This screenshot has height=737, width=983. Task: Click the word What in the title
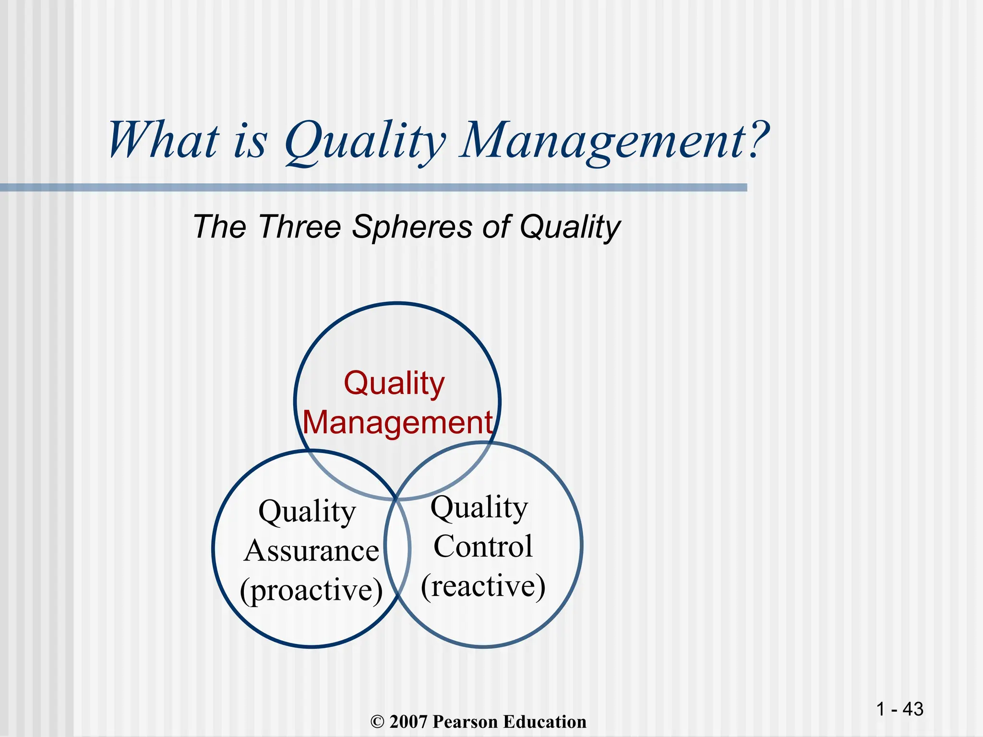[x=163, y=140]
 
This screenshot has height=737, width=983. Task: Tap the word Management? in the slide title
[x=614, y=140]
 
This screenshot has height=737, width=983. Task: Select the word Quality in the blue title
[x=365, y=142]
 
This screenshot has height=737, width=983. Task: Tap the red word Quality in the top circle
[x=394, y=384]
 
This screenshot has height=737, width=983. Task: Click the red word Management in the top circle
[x=397, y=422]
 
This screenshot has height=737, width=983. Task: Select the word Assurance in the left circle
[x=311, y=551]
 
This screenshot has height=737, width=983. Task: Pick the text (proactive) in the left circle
[x=311, y=590]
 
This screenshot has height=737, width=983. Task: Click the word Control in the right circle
[x=483, y=546]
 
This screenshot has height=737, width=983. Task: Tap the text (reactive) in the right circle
[x=483, y=585]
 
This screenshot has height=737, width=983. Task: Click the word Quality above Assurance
[x=307, y=511]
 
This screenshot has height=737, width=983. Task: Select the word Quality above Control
[x=479, y=508]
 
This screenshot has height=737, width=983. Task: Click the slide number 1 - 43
[x=899, y=709]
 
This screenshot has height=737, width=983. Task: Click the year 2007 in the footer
[x=409, y=722]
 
